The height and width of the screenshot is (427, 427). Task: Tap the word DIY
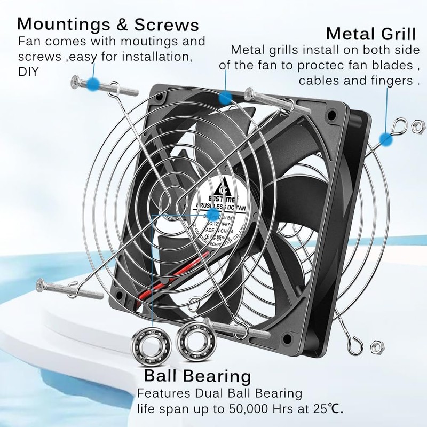click(28, 71)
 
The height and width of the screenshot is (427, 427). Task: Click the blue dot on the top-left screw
click(94, 83)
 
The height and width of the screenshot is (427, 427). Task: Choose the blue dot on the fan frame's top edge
click(226, 97)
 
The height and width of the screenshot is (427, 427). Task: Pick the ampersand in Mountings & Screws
click(124, 25)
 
